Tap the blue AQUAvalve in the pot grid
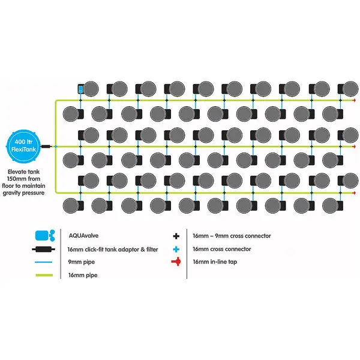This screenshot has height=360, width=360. [82, 90]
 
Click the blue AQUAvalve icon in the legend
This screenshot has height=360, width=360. [45, 236]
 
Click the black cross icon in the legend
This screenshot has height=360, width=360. [176, 236]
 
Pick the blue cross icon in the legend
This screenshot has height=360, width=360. [176, 249]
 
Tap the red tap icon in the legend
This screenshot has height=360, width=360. [176, 262]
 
